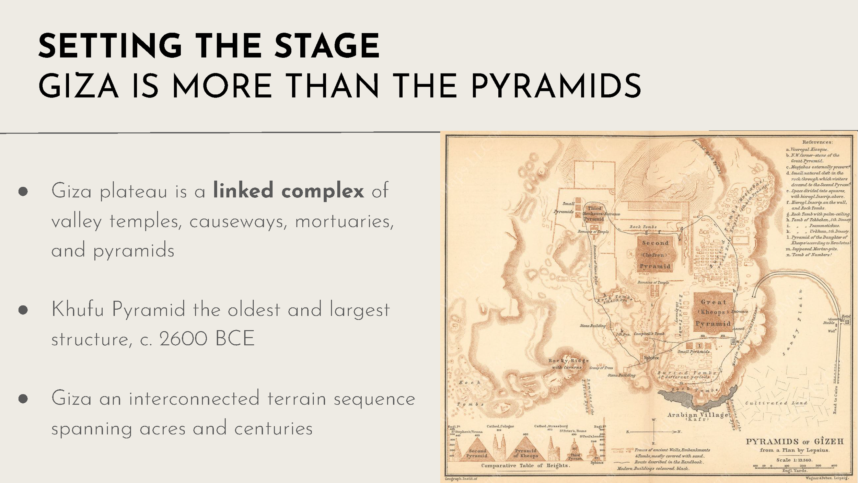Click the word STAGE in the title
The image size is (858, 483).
pyautogui.click(x=327, y=46)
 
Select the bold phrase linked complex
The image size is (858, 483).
pyautogui.click(x=288, y=191)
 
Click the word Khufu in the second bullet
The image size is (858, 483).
pyautogui.click(x=78, y=309)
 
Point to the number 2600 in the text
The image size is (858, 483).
pyautogui.click(x=183, y=339)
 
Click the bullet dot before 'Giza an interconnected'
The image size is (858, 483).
pyautogui.click(x=23, y=399)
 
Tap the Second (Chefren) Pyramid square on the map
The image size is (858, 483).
pyautogui.click(x=655, y=254)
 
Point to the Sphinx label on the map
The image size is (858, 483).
pyautogui.click(x=651, y=358)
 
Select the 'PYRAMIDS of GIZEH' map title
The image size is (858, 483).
pyautogui.click(x=794, y=442)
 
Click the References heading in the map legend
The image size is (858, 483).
pyautogui.click(x=817, y=142)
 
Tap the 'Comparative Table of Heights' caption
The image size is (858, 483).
pyautogui.click(x=525, y=465)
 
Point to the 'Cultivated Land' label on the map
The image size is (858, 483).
pyautogui.click(x=776, y=403)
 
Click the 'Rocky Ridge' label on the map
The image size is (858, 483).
pyautogui.click(x=568, y=361)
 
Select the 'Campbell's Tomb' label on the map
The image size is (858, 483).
pyautogui.click(x=649, y=334)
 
